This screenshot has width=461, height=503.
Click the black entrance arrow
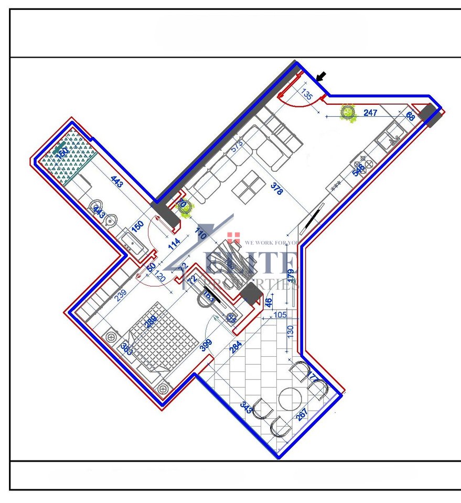(321, 76)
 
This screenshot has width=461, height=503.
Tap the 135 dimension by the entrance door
(308, 95)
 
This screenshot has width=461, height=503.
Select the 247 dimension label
(370, 113)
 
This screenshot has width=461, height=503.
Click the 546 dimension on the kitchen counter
(359, 169)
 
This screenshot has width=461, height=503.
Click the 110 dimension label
(200, 234)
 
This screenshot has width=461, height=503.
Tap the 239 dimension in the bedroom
(121, 296)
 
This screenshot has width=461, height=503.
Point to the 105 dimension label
(281, 315)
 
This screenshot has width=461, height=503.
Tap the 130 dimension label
(290, 331)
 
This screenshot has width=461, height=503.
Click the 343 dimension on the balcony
(245, 408)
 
